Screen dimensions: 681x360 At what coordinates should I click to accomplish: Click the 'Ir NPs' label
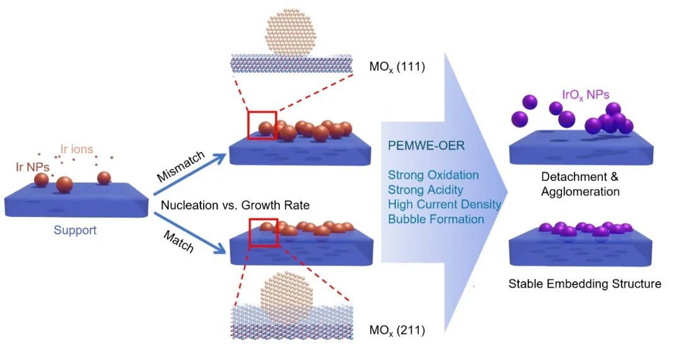point(33,166)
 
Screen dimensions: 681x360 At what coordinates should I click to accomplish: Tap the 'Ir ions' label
point(76,149)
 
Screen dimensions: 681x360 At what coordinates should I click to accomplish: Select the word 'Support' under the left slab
point(75,230)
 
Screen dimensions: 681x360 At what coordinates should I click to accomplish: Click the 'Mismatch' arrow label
point(181,166)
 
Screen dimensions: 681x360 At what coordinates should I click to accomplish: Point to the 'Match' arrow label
point(178,241)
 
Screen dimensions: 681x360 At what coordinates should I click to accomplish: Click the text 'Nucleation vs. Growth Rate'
point(235,205)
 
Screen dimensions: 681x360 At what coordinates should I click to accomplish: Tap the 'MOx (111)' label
point(397,67)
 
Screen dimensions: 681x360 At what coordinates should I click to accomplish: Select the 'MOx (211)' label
point(397,330)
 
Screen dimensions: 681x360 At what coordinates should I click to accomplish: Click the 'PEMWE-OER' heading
point(426,146)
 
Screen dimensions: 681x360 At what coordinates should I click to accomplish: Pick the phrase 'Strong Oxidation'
point(433,175)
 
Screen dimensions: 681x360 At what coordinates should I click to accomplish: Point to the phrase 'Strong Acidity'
point(425,190)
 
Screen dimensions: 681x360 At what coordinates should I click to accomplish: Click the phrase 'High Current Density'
point(445,204)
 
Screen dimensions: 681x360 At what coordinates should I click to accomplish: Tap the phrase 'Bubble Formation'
point(436,219)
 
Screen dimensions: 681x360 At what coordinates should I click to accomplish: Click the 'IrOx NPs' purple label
point(585,95)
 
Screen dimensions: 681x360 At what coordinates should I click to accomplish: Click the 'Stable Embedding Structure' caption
point(585,284)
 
